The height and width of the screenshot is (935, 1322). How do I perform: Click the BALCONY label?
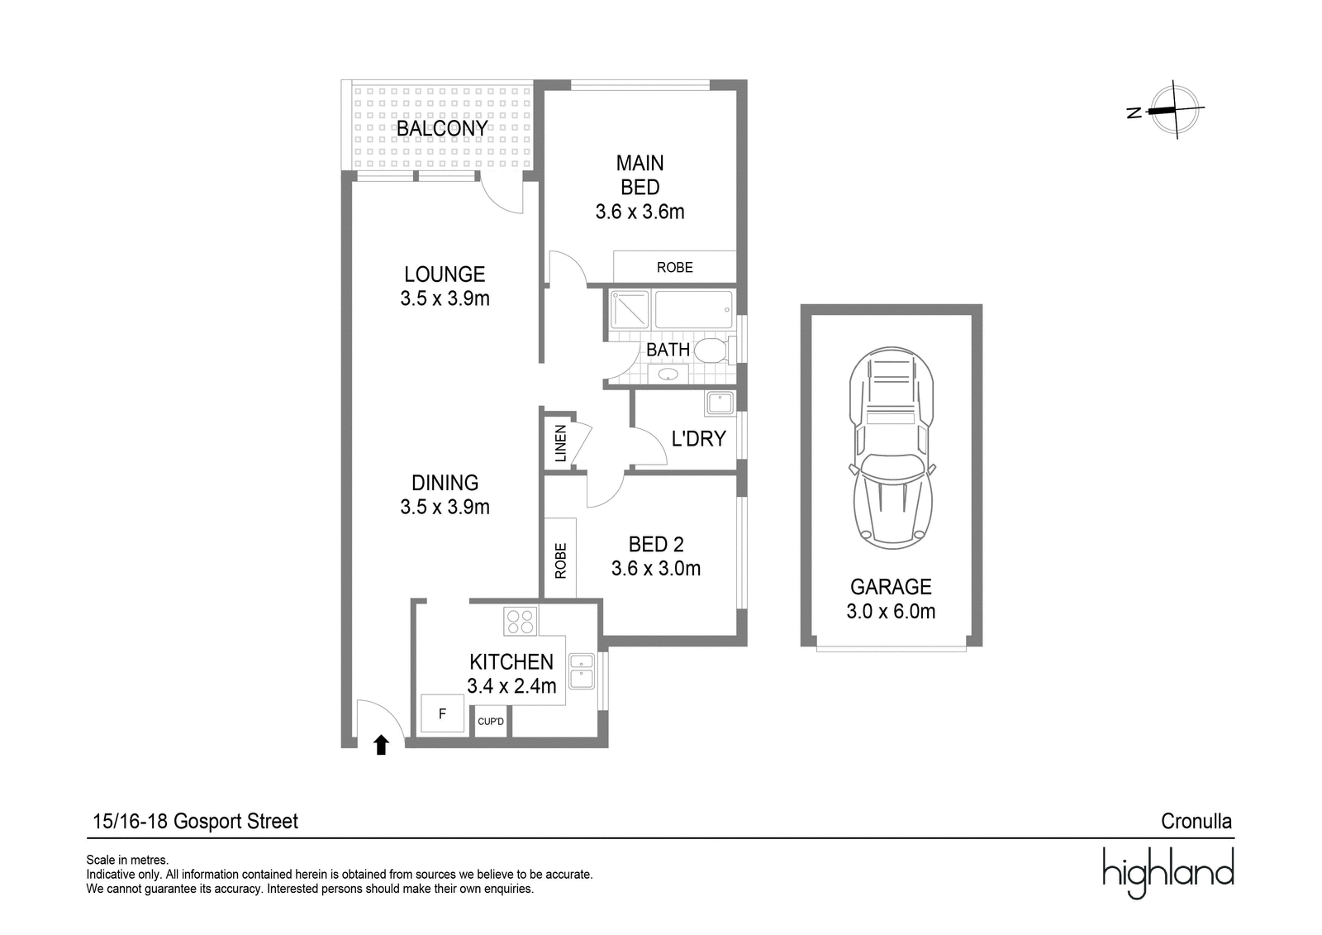[x=442, y=128]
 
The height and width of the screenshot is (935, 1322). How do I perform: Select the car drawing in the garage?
[x=892, y=448]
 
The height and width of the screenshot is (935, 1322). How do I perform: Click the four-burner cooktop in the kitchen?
[x=520, y=622]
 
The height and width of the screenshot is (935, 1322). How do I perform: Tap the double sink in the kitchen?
[x=582, y=671]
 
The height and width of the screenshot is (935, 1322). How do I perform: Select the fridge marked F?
[x=442, y=713]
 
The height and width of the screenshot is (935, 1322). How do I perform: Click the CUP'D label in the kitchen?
[x=491, y=721]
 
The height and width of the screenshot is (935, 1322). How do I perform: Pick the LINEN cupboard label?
[x=561, y=443]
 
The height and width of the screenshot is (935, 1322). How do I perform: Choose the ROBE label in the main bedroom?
[x=674, y=268]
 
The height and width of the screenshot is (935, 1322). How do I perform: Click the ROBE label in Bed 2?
[x=561, y=561]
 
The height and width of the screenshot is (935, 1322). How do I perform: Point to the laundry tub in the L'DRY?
[x=720, y=403]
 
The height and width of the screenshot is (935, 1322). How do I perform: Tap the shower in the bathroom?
[x=629, y=309]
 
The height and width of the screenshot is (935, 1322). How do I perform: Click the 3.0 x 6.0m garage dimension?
[x=892, y=611]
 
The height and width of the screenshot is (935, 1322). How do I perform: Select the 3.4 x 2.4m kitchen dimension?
[x=511, y=685]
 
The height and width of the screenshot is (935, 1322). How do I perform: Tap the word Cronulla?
[x=1196, y=821]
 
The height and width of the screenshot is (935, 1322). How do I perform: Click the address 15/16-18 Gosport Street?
[x=195, y=821]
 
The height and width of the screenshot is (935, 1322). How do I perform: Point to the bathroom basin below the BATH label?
[x=668, y=374]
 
